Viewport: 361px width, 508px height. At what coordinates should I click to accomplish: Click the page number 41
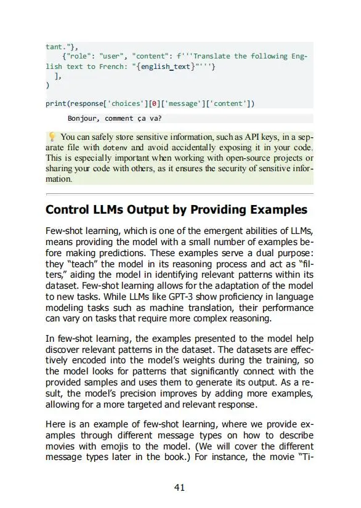point(179,488)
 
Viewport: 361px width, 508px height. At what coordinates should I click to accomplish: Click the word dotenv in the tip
point(114,148)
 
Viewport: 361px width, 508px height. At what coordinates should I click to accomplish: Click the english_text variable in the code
point(165,67)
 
